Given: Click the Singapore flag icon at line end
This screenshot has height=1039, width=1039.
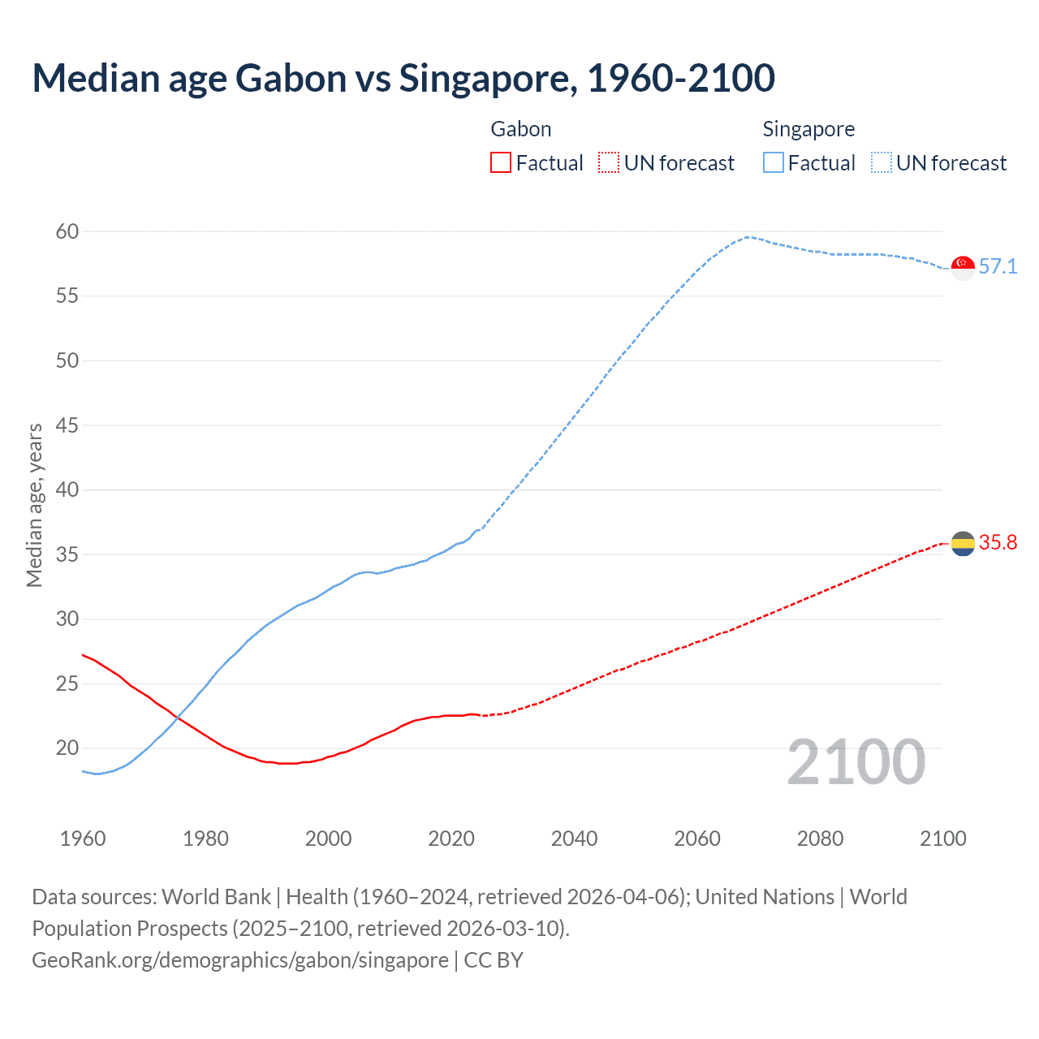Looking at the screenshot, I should coord(963,267).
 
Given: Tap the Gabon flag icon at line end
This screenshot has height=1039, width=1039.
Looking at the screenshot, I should coord(963,543).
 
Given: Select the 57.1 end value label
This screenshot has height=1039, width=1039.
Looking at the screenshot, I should coord(998,267).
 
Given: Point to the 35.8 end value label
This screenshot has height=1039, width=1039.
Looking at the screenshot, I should coord(998,543).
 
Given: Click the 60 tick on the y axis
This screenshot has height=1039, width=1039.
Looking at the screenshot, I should coord(67,232).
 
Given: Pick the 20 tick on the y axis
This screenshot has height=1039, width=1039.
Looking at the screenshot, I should coord(67,748).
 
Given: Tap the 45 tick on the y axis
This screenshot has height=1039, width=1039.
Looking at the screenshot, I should coord(67,426).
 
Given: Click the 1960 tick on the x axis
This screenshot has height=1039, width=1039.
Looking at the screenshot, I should coord(83,839).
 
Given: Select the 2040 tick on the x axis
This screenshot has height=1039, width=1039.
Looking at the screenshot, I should coord(574,839).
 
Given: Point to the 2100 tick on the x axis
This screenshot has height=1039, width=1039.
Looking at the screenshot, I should coord(942,839).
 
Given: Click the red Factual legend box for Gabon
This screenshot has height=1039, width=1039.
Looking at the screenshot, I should coord(501,163).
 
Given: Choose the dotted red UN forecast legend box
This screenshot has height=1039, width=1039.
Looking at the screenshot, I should coord(609,163).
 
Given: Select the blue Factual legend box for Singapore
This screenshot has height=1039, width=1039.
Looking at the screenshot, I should coord(774,163).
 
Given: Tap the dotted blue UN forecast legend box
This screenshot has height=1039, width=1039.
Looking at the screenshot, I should coord(881,163).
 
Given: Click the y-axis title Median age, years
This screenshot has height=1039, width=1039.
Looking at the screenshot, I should coord(34,505).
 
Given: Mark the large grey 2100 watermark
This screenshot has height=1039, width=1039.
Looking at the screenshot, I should coord(856,762).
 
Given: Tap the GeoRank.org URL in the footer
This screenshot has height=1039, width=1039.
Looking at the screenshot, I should coord(240,960).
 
